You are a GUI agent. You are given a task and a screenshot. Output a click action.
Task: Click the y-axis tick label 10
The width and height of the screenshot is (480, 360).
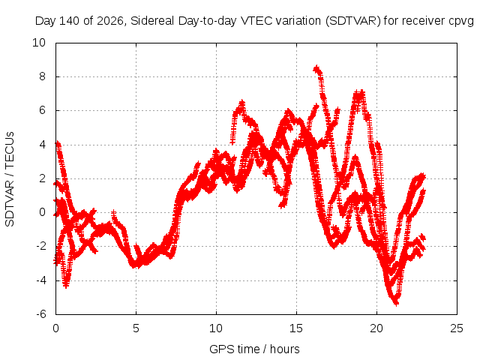39,43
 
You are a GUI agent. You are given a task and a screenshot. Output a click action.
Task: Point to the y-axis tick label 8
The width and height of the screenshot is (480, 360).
42,76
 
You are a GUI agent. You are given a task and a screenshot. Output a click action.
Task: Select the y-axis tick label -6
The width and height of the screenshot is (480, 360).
41,314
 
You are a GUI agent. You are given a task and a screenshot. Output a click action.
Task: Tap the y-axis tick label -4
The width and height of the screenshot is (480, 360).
41,280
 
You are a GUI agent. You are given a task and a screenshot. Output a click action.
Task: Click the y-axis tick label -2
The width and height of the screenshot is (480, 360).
41,246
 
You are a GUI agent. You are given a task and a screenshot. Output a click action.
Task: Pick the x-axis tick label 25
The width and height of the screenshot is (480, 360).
457,328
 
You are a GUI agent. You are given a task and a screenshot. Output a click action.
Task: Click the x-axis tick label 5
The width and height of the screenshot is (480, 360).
136,328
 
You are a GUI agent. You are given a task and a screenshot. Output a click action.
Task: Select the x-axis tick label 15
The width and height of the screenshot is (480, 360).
296,328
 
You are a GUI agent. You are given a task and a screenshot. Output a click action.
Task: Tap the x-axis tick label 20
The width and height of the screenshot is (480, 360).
376,328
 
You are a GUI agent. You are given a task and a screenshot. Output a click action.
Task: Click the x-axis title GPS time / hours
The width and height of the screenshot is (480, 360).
254,349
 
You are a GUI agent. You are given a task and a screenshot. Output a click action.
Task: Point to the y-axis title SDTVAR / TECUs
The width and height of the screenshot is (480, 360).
10,179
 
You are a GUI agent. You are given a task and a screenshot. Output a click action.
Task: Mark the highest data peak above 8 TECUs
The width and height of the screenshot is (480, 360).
316,68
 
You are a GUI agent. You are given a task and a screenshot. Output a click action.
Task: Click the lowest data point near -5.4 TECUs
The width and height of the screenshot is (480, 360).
397,303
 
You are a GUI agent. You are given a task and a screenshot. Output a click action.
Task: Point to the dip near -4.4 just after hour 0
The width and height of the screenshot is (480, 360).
66,285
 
